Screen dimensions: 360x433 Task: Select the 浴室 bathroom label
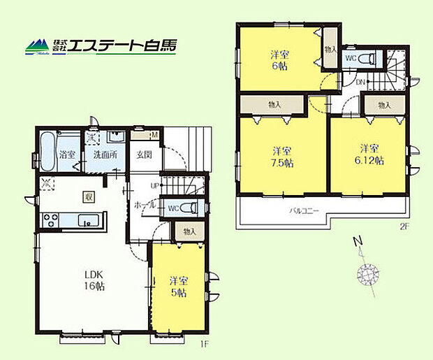[67, 154]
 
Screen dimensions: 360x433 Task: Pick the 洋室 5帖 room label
[179, 287]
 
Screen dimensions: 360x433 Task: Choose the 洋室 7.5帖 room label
[281, 157]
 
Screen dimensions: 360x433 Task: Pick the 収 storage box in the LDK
[89, 198]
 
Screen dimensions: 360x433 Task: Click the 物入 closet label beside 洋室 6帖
[330, 50]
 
